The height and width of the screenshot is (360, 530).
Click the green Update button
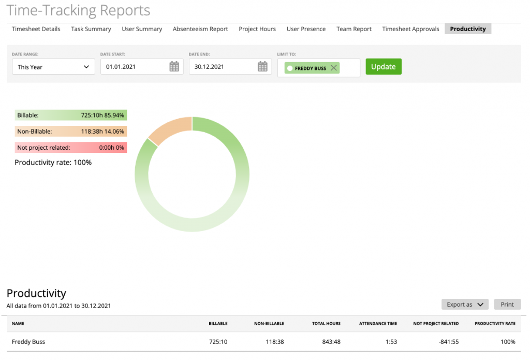pyautogui.click(x=383, y=67)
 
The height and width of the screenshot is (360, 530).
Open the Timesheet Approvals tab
pyautogui.click(x=410, y=29)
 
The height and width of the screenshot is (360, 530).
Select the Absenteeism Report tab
pyautogui.click(x=200, y=29)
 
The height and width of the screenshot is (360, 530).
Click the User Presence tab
pyautogui.click(x=306, y=29)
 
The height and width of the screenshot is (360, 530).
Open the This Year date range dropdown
pyautogui.click(x=53, y=67)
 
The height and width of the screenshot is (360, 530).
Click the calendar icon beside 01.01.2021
pyautogui.click(x=174, y=67)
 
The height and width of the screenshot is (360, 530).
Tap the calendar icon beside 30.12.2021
pyautogui.click(x=262, y=67)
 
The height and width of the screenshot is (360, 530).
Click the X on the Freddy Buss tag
pyautogui.click(x=334, y=68)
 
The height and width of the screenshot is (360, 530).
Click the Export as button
pyautogui.click(x=465, y=305)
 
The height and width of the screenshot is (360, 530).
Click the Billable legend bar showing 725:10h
pyautogui.click(x=70, y=116)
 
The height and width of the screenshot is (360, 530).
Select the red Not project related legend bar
pyautogui.click(x=70, y=148)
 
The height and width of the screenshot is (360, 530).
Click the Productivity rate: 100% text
pyautogui.click(x=53, y=163)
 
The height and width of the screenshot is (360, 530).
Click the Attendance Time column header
pyautogui.click(x=378, y=324)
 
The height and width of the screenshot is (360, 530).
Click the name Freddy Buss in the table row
pyautogui.click(x=28, y=342)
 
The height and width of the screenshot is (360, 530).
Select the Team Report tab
pyautogui.click(x=354, y=29)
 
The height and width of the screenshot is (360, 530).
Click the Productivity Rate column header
pyautogui.click(x=495, y=324)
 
